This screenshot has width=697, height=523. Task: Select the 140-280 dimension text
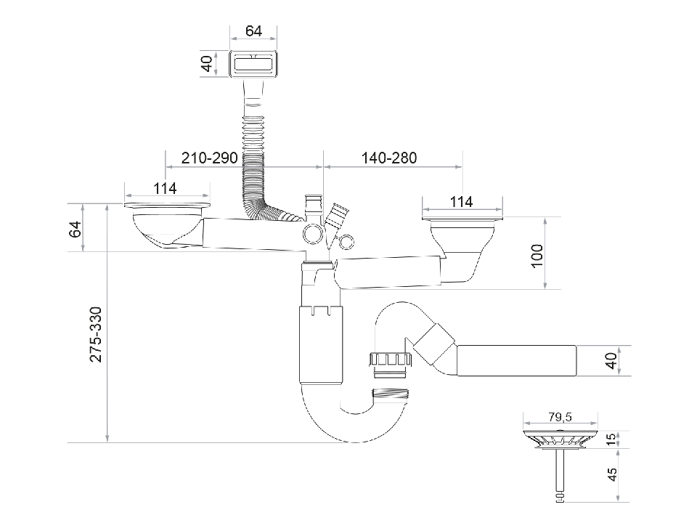click(391, 158)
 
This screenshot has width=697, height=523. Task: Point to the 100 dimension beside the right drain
click(537, 256)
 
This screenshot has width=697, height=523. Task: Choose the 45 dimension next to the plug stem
click(612, 474)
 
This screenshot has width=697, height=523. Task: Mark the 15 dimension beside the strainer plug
click(612, 439)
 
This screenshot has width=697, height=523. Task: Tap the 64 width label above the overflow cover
click(253, 31)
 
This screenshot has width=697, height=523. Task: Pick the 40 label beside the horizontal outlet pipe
click(612, 360)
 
